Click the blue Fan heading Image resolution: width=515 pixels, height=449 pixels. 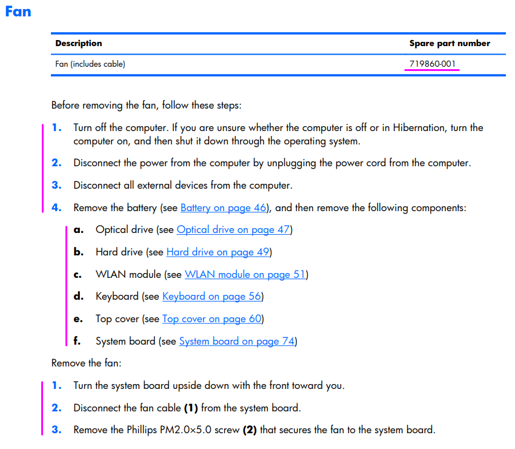point(18,11)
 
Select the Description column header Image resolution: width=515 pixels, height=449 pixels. point(78,43)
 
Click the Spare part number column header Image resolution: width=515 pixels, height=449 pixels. point(450,43)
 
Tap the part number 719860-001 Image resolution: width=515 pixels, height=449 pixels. point(433,64)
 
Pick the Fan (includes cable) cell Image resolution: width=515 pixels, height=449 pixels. point(90,64)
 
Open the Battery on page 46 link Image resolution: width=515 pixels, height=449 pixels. point(224,208)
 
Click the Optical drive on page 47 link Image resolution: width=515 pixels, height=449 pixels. point(233,229)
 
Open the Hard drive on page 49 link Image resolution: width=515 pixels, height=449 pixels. point(218,252)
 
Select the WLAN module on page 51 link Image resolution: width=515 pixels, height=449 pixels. point(245,274)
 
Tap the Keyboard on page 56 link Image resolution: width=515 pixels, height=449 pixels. point(211,296)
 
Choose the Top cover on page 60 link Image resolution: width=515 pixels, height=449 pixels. point(211,319)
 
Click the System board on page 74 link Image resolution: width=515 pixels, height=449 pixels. point(236,341)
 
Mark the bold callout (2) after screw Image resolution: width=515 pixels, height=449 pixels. point(250,430)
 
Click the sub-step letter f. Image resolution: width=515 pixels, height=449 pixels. point(77,341)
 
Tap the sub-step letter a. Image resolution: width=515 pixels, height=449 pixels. point(78,229)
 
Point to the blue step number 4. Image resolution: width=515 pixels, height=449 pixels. point(56,208)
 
